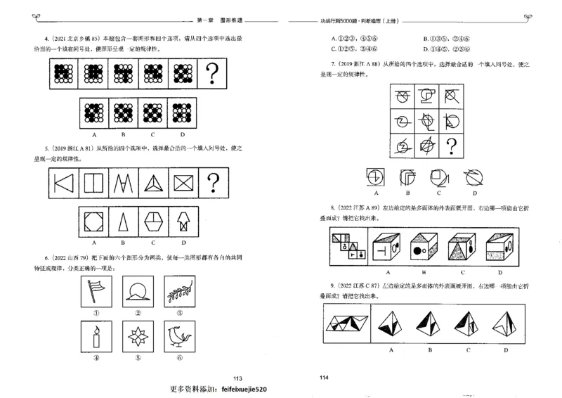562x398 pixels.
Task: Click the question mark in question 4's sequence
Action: point(218,72)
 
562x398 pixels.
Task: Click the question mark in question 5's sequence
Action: point(218,185)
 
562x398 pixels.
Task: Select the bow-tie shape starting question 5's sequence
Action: point(65,185)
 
